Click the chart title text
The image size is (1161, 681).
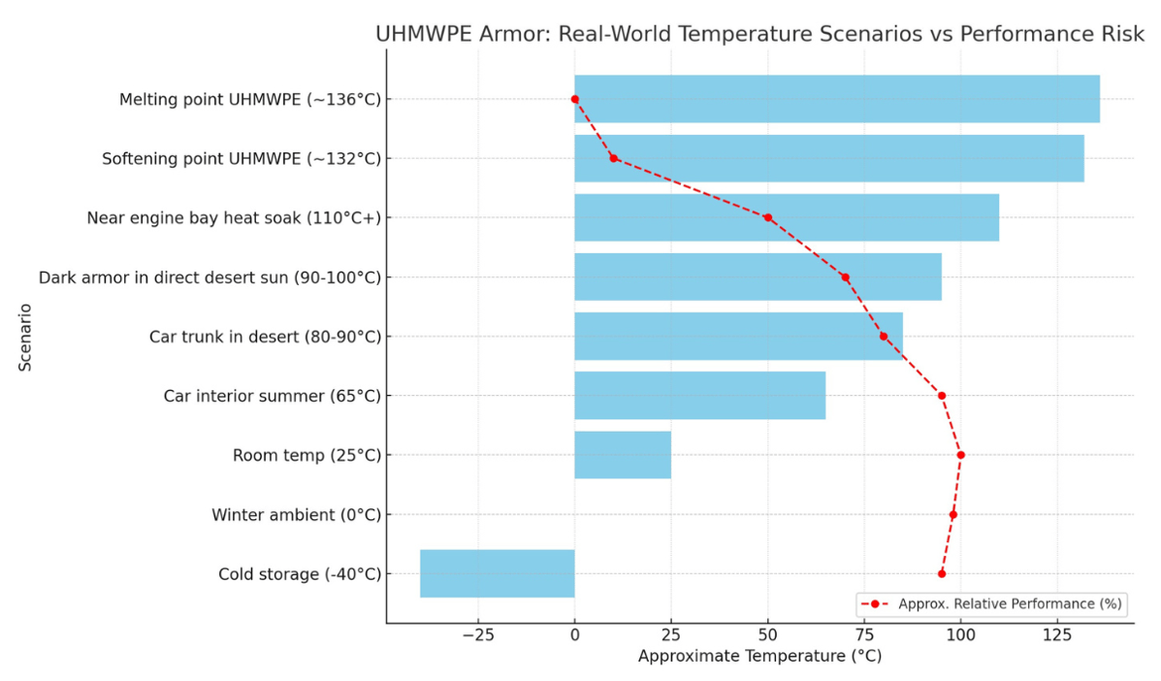759,35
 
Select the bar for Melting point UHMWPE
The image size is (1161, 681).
836,99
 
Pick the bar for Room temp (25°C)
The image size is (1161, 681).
622,455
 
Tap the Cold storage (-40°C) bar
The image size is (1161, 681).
497,573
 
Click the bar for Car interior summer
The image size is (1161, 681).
699,396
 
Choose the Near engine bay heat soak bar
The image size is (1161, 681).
786,217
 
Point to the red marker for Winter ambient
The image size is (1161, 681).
952,514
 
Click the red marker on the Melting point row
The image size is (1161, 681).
575,99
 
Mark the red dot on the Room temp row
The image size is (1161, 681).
960,455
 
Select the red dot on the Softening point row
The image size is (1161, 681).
613,158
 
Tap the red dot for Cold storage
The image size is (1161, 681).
942,573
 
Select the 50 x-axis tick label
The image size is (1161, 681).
767,635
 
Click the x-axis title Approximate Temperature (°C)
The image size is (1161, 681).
759,657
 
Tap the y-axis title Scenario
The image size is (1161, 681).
24,336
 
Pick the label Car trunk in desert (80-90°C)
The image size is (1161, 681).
265,337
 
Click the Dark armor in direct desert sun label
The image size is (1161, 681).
210,277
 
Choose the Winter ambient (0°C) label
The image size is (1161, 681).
296,515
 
